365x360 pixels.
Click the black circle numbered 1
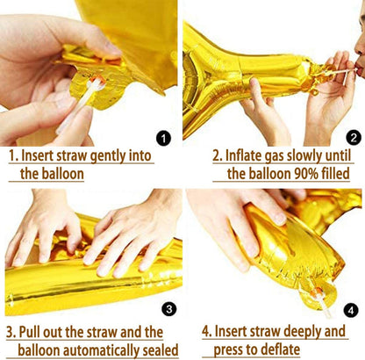[163, 138]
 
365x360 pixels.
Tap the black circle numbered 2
[354, 138]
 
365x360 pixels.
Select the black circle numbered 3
[169, 309]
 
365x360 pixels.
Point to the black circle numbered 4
[351, 310]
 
